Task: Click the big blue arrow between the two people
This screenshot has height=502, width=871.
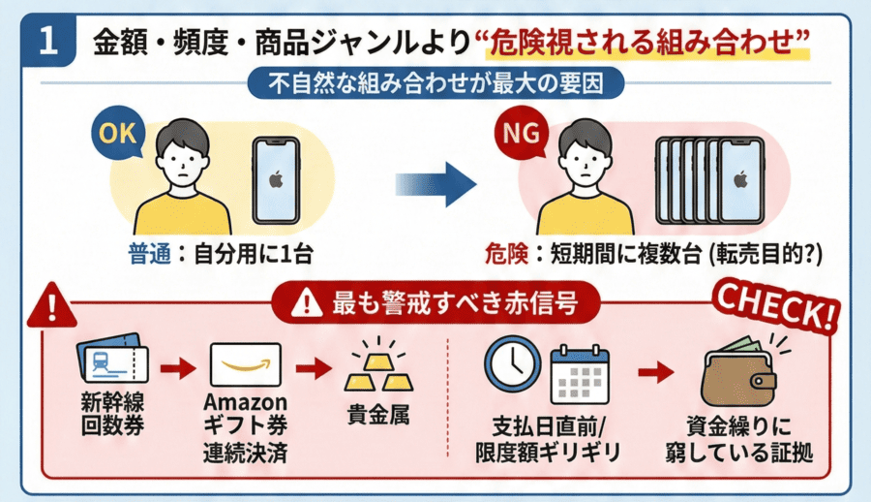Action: [438, 180]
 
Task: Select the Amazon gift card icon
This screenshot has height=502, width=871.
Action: [245, 367]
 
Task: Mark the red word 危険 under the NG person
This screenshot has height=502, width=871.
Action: [504, 255]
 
